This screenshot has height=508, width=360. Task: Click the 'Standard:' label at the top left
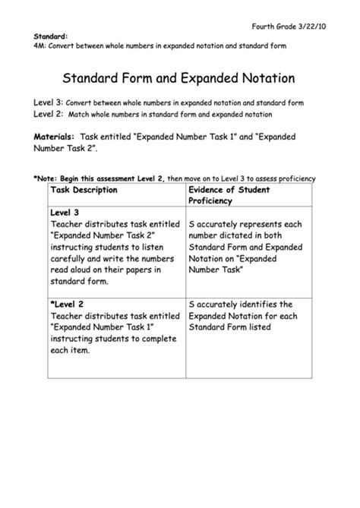49,36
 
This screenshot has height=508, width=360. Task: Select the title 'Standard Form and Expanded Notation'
180,78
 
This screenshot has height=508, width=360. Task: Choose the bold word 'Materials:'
54,136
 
